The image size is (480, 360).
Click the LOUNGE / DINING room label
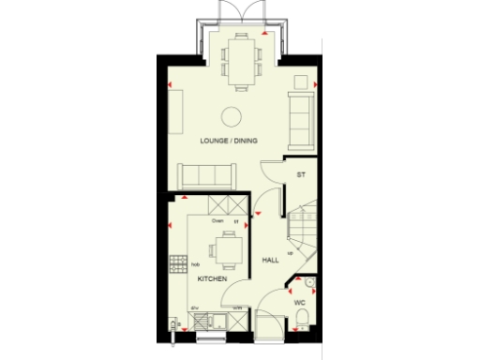click(x=229, y=141)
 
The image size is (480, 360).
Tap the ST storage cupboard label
click(x=301, y=175)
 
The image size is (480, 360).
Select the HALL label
click(x=271, y=260)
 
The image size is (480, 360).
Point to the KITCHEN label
click(x=211, y=279)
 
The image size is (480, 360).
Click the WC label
click(x=301, y=304)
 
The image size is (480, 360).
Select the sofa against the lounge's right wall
click(x=302, y=121)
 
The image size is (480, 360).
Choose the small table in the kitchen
click(x=227, y=250)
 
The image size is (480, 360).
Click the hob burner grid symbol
click(x=175, y=263)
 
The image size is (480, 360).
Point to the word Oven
click(x=217, y=221)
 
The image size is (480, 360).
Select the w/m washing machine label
click(x=237, y=308)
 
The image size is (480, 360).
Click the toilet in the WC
click(x=301, y=323)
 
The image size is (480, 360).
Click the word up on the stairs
click(x=291, y=253)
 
